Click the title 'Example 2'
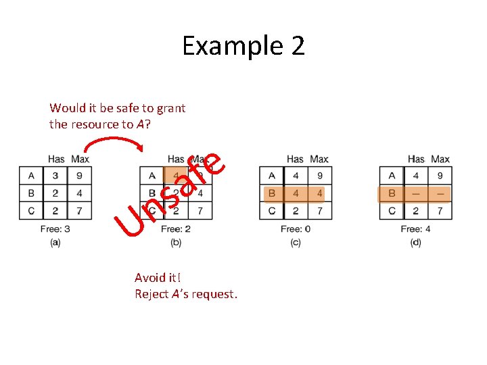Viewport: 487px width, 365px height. tap(243, 46)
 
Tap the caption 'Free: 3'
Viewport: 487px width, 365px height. tap(55, 229)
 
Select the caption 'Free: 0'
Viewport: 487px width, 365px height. tap(296, 229)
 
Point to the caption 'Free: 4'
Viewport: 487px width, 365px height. tap(415, 229)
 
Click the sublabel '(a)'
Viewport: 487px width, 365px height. tap(55, 242)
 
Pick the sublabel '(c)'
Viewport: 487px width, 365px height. tap(296, 242)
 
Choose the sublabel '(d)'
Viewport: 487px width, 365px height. tap(415, 242)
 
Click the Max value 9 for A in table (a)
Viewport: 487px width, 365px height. tap(80, 176)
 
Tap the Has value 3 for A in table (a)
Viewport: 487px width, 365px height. tap(56, 176)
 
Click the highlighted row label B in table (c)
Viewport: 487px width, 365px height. tap(272, 194)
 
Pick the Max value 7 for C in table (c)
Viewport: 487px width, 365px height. tap(319, 211)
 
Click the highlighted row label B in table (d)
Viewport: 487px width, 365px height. tap(392, 194)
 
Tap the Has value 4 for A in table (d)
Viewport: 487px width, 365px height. tap(416, 176)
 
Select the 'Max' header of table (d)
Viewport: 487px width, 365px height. tap(440, 160)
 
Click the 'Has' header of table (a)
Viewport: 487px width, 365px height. tap(56, 160)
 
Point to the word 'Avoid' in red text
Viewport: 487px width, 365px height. tap(149, 278)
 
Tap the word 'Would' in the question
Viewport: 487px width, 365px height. tap(66, 107)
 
